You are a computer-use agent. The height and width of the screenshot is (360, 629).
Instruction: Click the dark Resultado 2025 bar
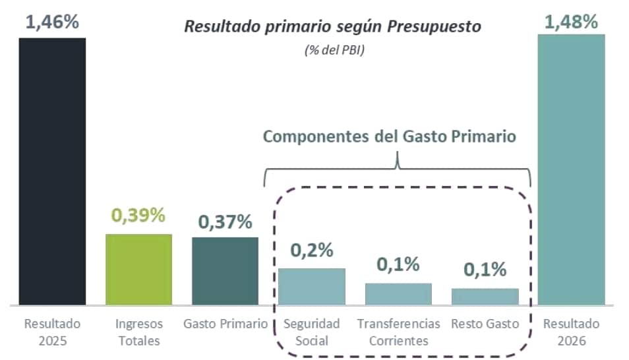(52, 171)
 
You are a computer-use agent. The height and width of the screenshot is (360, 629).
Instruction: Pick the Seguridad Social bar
(311, 286)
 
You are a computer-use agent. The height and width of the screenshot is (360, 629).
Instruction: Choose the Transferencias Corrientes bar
(398, 293)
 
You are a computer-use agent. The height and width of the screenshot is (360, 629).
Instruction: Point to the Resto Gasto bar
(485, 296)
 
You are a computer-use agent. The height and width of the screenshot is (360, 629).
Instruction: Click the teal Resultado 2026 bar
(571, 169)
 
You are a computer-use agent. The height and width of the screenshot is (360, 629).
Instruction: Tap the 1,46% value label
(52, 22)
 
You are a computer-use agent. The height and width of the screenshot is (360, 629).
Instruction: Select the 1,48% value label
(571, 22)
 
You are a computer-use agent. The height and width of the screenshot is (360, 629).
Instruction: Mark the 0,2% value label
(311, 251)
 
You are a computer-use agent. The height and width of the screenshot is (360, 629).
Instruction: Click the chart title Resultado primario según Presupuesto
(333, 27)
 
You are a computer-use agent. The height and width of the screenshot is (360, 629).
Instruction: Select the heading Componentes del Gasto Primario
(389, 136)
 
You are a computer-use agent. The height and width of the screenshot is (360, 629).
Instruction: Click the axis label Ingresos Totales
(138, 332)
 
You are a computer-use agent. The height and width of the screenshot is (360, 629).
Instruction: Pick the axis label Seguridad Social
(311, 332)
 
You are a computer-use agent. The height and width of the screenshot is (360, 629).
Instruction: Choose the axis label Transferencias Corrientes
(398, 332)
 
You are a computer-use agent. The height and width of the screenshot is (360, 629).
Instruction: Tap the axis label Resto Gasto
(485, 324)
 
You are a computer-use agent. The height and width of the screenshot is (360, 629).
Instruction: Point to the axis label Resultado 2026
(571, 332)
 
